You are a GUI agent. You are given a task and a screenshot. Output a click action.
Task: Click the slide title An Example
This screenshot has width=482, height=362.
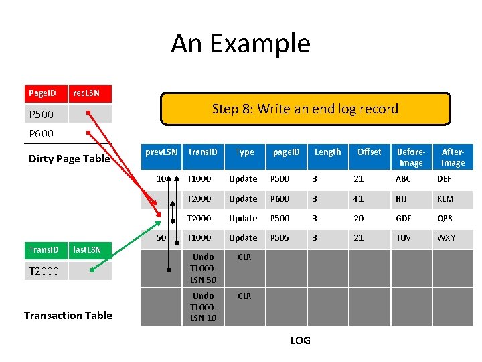[240, 44]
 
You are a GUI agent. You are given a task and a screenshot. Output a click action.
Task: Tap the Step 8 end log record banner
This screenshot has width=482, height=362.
[305, 109]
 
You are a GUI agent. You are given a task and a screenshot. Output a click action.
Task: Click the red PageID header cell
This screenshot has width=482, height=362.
[47, 93]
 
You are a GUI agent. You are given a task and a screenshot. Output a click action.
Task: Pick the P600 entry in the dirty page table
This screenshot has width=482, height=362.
[42, 133]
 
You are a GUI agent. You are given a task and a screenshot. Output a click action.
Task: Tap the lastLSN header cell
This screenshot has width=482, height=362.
[87, 250]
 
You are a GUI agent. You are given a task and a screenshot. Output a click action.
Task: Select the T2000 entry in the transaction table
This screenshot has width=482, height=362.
[44, 271]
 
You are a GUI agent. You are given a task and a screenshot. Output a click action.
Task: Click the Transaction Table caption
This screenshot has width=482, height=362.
[68, 315]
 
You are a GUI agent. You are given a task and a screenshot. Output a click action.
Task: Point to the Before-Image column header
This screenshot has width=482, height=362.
[410, 157]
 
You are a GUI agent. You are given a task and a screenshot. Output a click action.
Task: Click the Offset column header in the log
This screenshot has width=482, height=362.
[369, 152]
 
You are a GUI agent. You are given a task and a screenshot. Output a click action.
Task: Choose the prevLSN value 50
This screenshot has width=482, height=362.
[161, 238]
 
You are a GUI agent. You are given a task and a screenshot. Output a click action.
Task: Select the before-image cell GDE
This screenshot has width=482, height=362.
[404, 219]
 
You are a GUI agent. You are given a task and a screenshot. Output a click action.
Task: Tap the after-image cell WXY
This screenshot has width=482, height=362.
[446, 238]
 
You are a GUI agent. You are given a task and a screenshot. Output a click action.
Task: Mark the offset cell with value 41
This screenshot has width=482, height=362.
[359, 198]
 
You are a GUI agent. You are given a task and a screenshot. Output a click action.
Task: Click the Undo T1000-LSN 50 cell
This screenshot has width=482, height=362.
[203, 268]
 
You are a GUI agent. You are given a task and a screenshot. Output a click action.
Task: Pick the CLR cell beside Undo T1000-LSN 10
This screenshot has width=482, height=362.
[244, 296]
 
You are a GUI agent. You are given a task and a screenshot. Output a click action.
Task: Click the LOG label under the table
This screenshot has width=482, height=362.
[300, 341]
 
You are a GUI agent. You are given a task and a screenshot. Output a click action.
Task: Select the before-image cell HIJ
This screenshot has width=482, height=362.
[402, 198]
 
